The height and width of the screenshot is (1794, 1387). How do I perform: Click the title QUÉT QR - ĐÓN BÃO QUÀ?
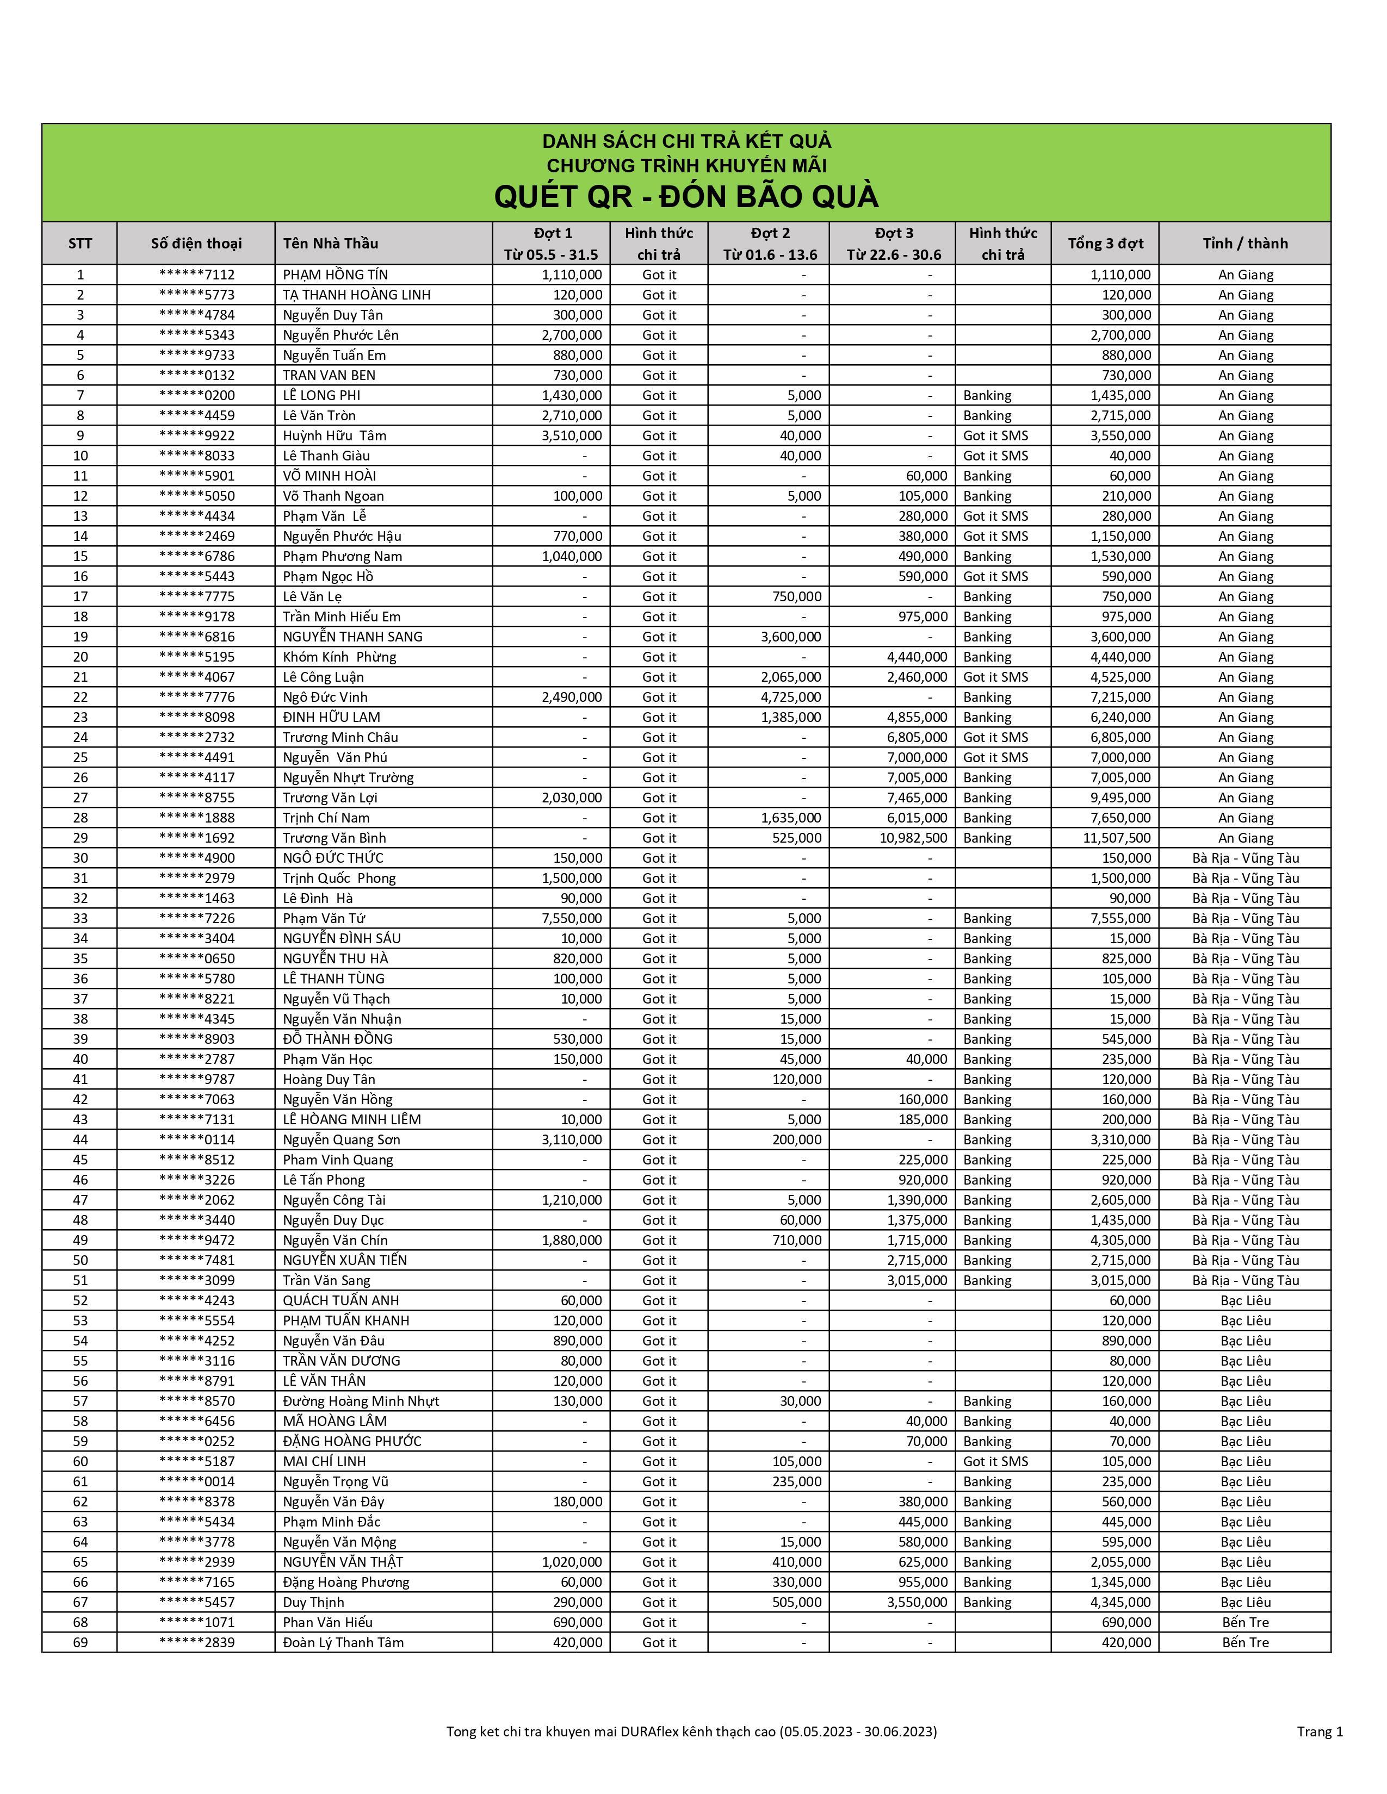pyautogui.click(x=686, y=197)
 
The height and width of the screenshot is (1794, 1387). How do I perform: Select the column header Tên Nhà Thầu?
pyautogui.click(x=330, y=243)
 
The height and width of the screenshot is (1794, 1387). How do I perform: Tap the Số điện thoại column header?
pyautogui.click(x=196, y=243)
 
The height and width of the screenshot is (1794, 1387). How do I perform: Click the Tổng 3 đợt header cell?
pyautogui.click(x=1105, y=243)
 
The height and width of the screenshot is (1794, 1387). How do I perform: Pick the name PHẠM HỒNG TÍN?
pyautogui.click(x=335, y=275)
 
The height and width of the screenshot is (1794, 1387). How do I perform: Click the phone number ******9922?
pyautogui.click(x=196, y=435)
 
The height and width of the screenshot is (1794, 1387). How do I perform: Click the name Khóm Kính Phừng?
pyautogui.click(x=339, y=656)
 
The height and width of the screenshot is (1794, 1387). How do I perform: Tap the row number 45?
pyautogui.click(x=80, y=1159)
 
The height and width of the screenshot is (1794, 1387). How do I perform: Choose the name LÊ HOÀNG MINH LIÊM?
pyautogui.click(x=352, y=1119)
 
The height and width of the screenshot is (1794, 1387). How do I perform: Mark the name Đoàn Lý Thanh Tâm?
pyautogui.click(x=343, y=1642)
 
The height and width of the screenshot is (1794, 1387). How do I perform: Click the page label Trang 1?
pyautogui.click(x=1320, y=1731)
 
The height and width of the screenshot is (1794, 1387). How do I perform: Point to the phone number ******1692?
pyautogui.click(x=196, y=838)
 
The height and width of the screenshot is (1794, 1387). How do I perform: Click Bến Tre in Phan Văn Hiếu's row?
pyautogui.click(x=1245, y=1622)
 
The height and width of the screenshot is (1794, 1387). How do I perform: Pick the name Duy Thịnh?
pyautogui.click(x=313, y=1602)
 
